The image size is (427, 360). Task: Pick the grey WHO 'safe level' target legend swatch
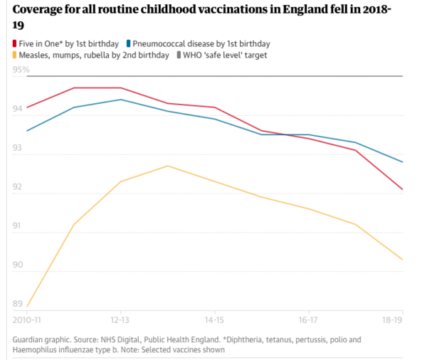click(x=179, y=55)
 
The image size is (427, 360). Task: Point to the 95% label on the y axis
click(x=21, y=70)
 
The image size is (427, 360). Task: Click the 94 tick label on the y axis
click(x=19, y=109)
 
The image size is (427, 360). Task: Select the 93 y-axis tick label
click(x=19, y=148)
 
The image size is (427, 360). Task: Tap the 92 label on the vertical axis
click(x=19, y=187)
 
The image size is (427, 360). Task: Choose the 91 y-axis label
click(x=19, y=226)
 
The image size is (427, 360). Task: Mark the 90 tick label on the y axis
click(x=19, y=265)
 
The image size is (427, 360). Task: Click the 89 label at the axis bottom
click(x=19, y=305)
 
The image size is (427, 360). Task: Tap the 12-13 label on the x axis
click(x=120, y=321)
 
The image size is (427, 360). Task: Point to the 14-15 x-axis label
click(x=215, y=321)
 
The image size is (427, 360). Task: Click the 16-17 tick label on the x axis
click(x=309, y=321)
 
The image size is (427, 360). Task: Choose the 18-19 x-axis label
click(x=393, y=321)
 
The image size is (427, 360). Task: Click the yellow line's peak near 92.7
click(x=168, y=166)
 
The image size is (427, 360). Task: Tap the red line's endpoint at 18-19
click(x=403, y=189)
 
